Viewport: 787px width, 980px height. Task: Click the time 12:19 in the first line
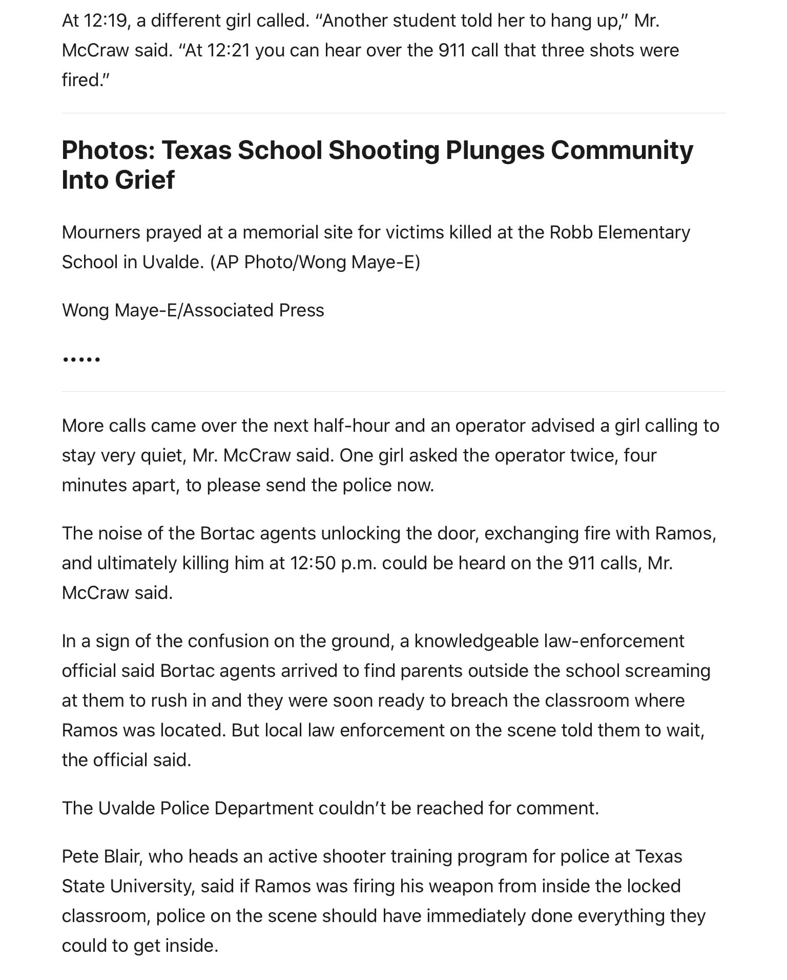click(106, 21)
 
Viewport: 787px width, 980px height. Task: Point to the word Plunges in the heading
click(494, 150)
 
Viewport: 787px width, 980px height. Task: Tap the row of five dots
click(81, 359)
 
